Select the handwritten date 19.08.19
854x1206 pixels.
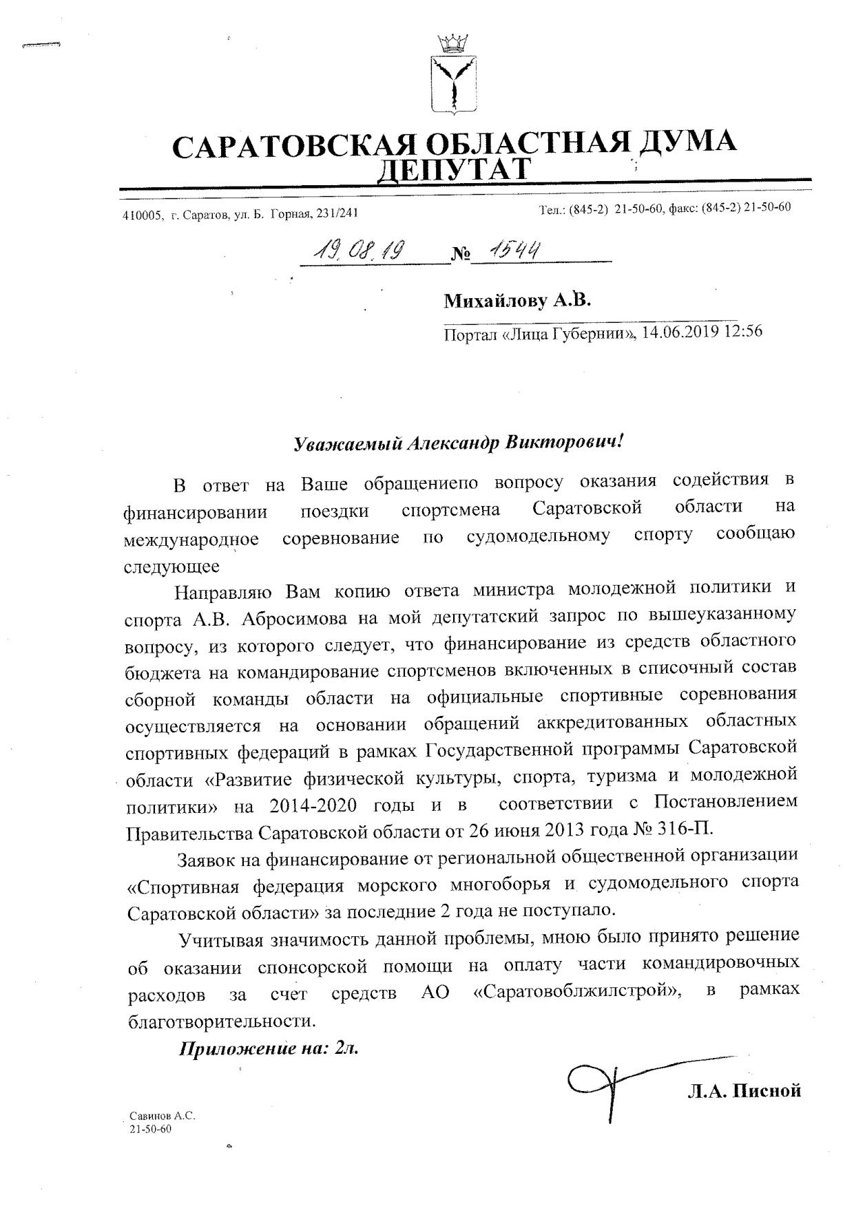[x=357, y=251]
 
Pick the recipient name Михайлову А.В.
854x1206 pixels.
[x=517, y=301]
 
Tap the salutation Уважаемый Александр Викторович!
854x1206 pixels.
[x=458, y=442]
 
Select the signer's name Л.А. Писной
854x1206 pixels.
[x=744, y=1090]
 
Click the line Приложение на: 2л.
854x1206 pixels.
[x=269, y=1049]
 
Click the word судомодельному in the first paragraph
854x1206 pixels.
[x=538, y=536]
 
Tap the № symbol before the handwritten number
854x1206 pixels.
[x=461, y=255]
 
